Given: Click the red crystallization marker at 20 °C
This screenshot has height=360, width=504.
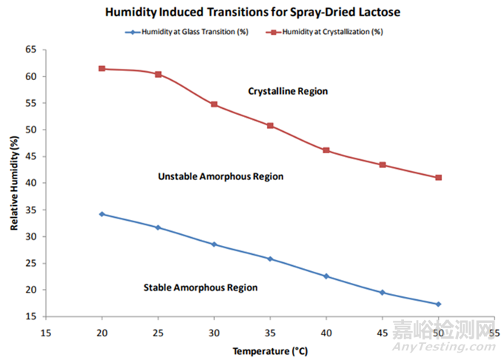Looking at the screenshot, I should (102, 69).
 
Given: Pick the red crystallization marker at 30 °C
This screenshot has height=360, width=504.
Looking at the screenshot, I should (214, 104).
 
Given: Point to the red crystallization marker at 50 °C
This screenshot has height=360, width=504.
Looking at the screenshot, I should (439, 178).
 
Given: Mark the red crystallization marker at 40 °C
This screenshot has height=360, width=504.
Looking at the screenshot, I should (326, 150).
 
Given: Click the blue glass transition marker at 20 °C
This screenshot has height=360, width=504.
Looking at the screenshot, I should (102, 214).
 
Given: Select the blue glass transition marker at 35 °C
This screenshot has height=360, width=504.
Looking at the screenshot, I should (271, 259).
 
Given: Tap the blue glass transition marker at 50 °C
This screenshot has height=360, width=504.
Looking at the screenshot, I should (439, 304).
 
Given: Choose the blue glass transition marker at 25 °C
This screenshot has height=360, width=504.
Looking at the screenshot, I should (158, 227).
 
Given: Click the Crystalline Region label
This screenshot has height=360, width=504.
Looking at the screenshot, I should (288, 91).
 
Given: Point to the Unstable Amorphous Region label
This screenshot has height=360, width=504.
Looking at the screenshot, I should (221, 176).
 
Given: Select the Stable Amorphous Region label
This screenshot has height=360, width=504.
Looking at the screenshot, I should (200, 287).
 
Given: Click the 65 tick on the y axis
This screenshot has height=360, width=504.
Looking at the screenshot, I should (30, 50).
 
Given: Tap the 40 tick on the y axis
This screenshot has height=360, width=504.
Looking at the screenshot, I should (30, 183).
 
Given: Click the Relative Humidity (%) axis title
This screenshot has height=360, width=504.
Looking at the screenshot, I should (14, 182).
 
